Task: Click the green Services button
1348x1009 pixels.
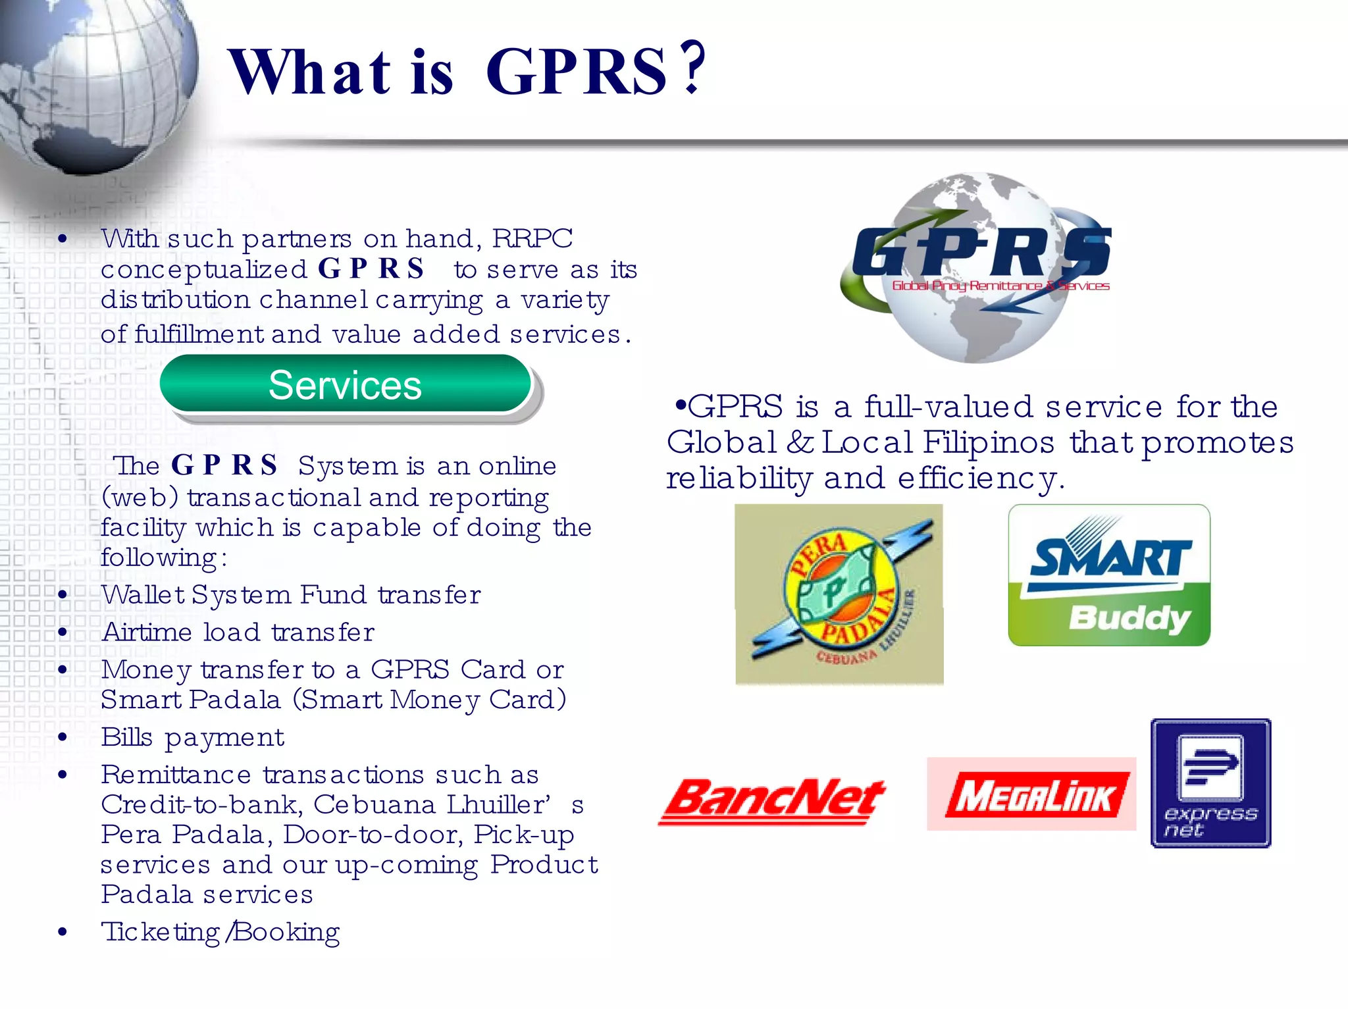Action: (x=345, y=385)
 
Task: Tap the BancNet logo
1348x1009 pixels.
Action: (x=773, y=801)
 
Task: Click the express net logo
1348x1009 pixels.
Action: (x=1210, y=783)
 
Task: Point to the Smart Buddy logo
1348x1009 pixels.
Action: (x=1109, y=575)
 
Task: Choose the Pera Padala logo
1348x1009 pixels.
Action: (x=839, y=594)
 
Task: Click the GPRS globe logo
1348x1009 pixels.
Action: (x=977, y=267)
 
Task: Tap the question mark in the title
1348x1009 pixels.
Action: (x=692, y=68)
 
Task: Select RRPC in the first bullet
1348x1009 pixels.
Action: (x=532, y=239)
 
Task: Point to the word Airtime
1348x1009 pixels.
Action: (x=147, y=633)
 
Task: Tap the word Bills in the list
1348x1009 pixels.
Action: (x=126, y=737)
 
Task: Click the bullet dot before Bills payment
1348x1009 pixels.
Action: (x=63, y=737)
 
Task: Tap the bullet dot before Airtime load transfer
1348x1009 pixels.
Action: (x=63, y=633)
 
